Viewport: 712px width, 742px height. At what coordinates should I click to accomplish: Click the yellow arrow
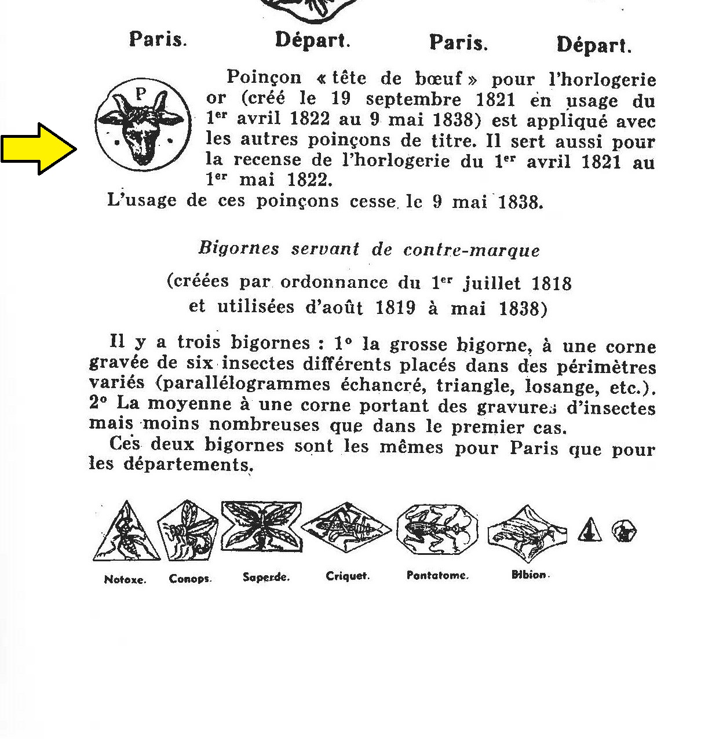(38, 148)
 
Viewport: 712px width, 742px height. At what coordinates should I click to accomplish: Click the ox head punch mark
(142, 124)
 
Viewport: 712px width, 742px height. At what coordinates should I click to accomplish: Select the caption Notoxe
(125, 579)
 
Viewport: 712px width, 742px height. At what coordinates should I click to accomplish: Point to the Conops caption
(190, 579)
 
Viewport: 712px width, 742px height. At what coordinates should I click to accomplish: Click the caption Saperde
(266, 577)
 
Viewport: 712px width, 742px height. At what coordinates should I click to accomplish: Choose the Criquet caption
(348, 576)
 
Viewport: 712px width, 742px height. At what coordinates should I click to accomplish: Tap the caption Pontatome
(437, 576)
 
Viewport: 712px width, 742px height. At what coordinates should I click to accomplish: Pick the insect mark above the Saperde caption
(262, 527)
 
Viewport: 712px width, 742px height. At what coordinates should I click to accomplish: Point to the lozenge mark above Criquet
(346, 527)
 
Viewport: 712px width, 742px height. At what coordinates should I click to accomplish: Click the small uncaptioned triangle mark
(589, 531)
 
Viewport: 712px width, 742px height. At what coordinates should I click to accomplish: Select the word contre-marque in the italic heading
(472, 250)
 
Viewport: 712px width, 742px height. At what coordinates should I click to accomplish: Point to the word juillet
(492, 283)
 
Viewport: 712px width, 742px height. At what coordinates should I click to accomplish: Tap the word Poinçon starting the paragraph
(264, 78)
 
